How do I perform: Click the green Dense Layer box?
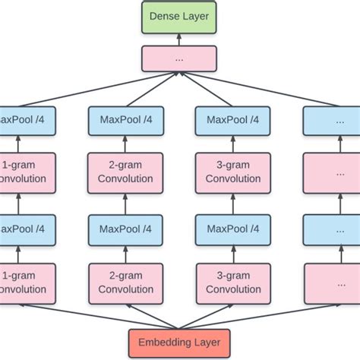coord(179,16)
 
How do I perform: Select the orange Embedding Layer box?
coord(179,343)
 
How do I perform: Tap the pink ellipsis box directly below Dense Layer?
coord(179,58)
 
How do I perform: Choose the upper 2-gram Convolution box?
coord(125,172)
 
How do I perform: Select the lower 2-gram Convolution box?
coord(125,283)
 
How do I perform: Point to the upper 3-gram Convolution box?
coord(233,172)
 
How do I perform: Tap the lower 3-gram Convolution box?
coord(233,283)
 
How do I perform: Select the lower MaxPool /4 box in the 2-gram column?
coord(125,228)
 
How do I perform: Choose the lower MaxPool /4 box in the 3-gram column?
coord(233,228)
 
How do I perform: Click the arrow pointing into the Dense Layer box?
coord(179,39)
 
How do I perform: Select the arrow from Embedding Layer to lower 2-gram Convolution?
coord(152,315)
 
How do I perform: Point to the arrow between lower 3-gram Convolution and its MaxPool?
coord(233,253)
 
